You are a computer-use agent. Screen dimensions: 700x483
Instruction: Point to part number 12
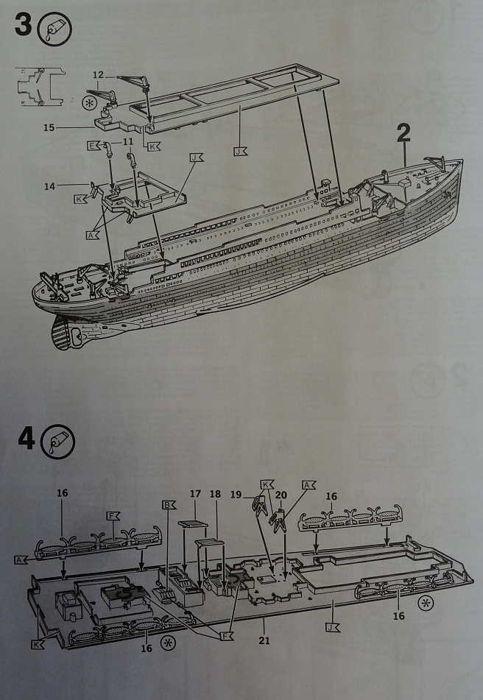pos(99,74)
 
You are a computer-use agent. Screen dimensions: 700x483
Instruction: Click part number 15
pos(49,127)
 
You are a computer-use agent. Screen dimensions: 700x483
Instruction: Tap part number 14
pos(49,186)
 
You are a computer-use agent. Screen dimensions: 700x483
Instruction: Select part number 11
pos(128,141)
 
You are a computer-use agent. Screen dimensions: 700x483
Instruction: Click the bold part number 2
pos(403,132)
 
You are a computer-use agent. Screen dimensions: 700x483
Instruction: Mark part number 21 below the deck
pos(264,640)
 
